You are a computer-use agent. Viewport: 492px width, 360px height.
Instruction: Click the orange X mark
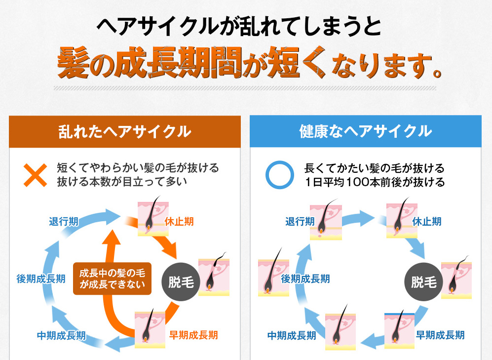click(x=36, y=175)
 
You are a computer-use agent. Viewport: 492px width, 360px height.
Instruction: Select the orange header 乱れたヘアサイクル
click(x=125, y=131)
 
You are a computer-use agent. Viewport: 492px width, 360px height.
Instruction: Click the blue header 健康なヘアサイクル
click(x=366, y=131)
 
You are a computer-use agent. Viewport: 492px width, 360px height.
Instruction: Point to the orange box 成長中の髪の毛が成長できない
click(x=113, y=279)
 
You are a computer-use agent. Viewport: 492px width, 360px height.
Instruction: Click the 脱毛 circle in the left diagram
click(x=181, y=282)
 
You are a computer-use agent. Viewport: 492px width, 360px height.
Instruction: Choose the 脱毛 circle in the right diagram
click(x=423, y=282)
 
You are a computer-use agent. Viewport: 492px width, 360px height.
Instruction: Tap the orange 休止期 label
click(x=179, y=222)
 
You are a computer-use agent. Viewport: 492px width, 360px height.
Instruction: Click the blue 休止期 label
click(x=427, y=222)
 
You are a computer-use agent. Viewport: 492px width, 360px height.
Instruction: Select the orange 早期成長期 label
click(x=193, y=335)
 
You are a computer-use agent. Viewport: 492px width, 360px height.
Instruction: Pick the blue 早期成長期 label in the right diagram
click(x=440, y=335)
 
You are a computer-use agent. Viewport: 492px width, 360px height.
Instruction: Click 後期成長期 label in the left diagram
click(x=41, y=279)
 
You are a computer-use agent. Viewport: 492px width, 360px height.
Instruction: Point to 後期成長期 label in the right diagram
click(x=305, y=279)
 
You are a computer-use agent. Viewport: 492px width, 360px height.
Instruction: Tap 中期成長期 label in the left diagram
click(x=62, y=335)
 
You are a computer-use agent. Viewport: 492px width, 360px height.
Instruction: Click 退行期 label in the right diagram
click(x=300, y=222)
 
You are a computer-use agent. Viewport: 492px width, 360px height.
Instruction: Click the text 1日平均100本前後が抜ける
click(x=375, y=182)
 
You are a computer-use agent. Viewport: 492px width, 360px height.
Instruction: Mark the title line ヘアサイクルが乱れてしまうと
click(x=239, y=26)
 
